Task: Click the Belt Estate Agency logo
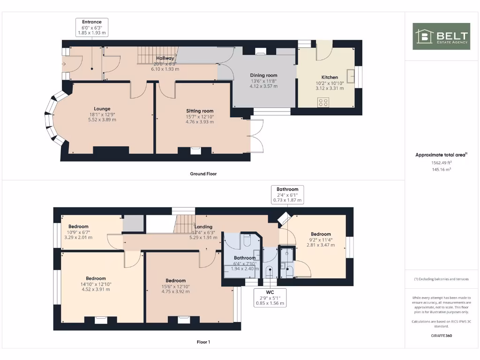click(x=441, y=36)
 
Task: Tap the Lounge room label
click(x=102, y=109)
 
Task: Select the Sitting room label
click(x=200, y=111)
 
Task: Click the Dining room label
click(x=263, y=75)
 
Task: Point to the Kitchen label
click(x=329, y=77)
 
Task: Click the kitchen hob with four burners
click(x=323, y=102)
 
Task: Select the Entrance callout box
click(x=92, y=28)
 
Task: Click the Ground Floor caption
click(x=203, y=173)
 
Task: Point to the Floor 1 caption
click(x=203, y=342)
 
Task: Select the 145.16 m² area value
click(x=441, y=169)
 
